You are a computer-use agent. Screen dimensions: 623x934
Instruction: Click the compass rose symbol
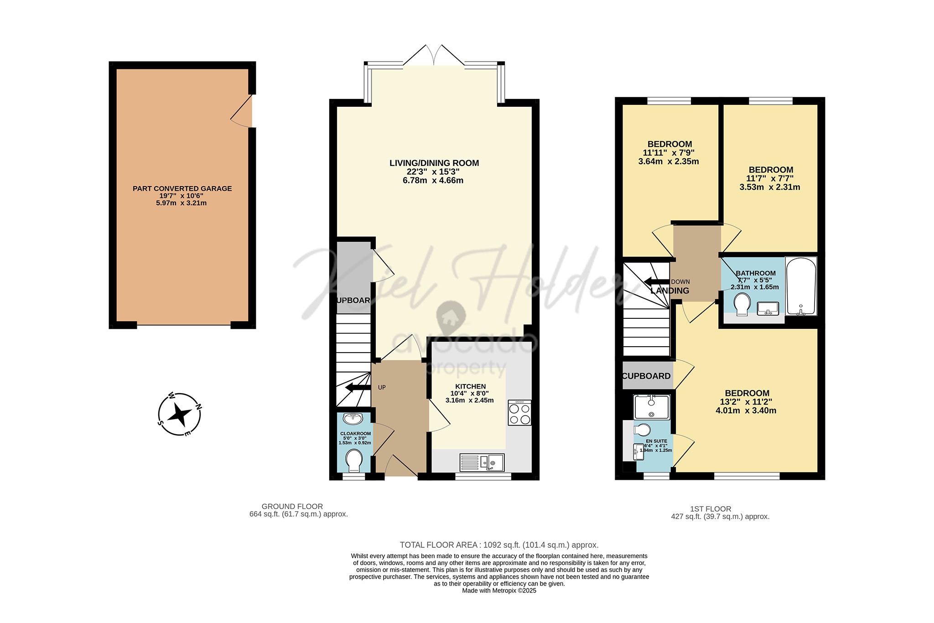point(179,415)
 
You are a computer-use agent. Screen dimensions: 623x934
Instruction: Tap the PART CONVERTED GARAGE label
point(182,188)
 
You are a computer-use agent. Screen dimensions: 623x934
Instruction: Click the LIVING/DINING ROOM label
point(434,163)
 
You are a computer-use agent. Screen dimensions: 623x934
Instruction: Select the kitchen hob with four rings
point(519,413)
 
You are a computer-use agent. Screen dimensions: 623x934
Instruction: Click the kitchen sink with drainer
point(482,462)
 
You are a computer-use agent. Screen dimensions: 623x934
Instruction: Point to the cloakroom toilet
point(354,460)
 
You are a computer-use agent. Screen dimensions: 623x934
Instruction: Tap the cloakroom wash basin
point(353,418)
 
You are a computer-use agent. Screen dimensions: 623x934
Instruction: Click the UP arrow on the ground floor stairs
point(358,388)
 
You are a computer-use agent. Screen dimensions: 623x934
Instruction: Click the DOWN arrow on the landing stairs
point(656,281)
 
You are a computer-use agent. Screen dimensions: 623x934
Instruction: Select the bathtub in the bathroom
point(801,286)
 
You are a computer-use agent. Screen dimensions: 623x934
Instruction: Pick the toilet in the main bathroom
point(742,303)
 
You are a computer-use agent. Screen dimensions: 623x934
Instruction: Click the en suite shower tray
point(651,407)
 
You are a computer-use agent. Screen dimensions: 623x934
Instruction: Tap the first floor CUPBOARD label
point(646,376)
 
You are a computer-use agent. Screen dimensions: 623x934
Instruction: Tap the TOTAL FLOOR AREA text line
point(499,545)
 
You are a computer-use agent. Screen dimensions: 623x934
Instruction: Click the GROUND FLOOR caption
point(292,506)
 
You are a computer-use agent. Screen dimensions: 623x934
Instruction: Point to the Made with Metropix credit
point(499,591)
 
